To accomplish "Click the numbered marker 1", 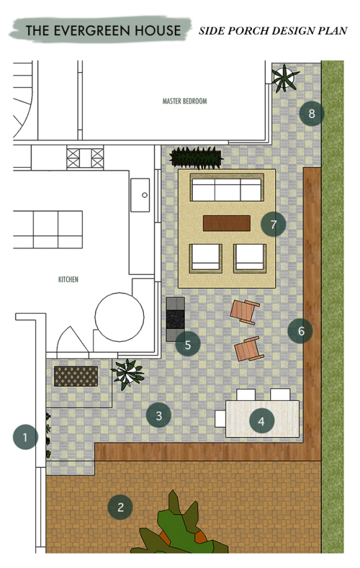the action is (25, 437).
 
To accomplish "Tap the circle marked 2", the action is (120, 507).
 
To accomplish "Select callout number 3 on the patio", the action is (159, 415).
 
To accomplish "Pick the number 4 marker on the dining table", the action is (262, 421).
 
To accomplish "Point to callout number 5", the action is (188, 344).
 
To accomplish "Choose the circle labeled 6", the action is (301, 330).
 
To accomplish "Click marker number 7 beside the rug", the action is (273, 224).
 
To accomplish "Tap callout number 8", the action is (312, 113).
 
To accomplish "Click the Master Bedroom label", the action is (185, 101).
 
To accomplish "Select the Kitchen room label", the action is (68, 280).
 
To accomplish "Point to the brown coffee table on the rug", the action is (226, 223).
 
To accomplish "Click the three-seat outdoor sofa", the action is (226, 187).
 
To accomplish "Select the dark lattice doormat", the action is (76, 376).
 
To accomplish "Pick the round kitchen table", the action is (120, 317).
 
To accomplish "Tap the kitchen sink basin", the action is (140, 195).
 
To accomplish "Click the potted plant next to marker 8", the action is (285, 78).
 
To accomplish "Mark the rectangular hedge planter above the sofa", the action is (196, 158).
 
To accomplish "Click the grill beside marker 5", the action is (175, 319).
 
